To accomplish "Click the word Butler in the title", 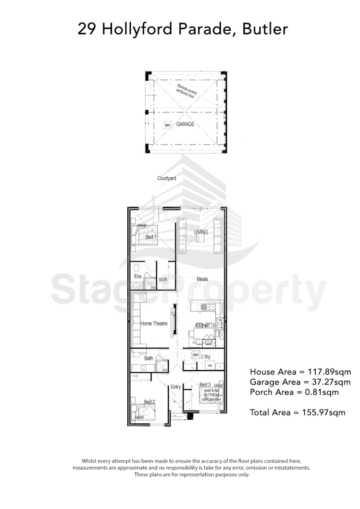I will tap(265, 29).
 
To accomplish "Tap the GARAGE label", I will tap(185, 124).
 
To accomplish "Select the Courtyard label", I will tap(166, 178).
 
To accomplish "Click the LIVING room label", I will tap(201, 232).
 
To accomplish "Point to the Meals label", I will tap(202, 279).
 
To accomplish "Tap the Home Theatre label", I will tap(154, 324).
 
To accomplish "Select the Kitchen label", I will tap(202, 326).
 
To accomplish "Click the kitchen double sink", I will tap(207, 307).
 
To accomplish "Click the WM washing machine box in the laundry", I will tap(210, 366).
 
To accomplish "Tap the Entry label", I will tap(176, 387).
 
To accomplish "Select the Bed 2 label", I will tap(149, 401).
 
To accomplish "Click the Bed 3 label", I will tap(205, 385).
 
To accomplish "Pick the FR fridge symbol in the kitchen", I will tap(194, 343).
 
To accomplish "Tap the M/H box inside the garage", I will tap(168, 125).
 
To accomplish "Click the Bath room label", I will tap(148, 358).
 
